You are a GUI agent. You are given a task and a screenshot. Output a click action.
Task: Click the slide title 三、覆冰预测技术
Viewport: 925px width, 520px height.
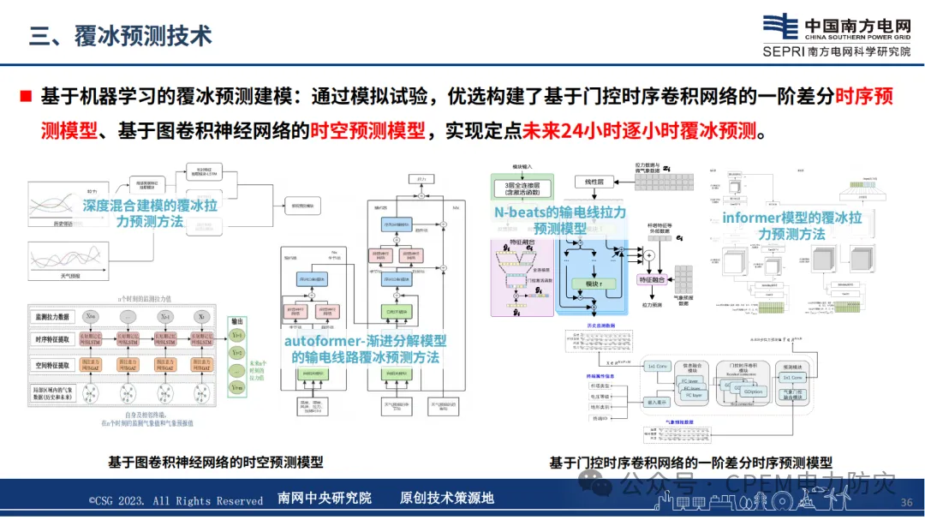[x=120, y=36]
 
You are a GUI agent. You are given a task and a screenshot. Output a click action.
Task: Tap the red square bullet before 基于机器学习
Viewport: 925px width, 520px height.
[x=26, y=96]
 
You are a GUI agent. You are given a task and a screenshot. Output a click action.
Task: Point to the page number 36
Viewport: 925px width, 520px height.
[x=907, y=502]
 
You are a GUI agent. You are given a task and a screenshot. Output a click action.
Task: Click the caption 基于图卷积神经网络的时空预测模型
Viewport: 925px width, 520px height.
[x=215, y=462]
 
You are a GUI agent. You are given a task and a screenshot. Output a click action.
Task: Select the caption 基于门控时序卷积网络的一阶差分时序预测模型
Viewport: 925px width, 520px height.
[x=690, y=463]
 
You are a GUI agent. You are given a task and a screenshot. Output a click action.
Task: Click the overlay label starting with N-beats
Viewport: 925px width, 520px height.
[x=560, y=220]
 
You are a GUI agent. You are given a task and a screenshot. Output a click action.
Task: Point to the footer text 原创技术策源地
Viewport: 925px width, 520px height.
[x=447, y=499]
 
